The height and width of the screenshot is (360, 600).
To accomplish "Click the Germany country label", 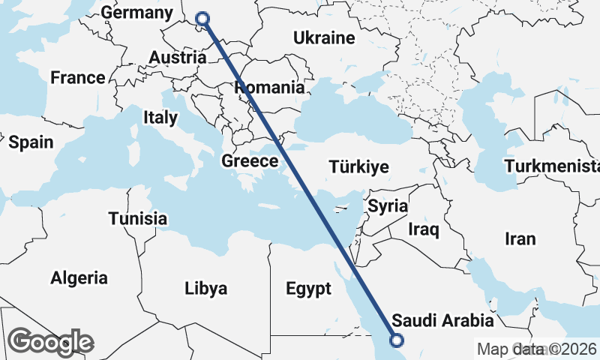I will tap(136, 13).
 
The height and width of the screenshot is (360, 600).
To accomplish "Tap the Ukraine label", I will tap(323, 38).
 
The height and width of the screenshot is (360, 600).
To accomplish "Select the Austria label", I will tap(178, 58).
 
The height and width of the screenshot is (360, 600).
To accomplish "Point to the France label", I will tap(78, 78).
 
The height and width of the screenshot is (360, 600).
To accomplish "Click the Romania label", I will tap(270, 88).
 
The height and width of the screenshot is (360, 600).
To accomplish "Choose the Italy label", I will tap(160, 118).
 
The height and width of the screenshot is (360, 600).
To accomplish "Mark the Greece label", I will tap(250, 161).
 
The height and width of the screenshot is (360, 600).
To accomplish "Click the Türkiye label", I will tap(358, 167).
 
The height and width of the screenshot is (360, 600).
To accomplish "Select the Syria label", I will tap(388, 205).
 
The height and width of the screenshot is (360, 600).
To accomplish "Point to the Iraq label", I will tap(423, 229).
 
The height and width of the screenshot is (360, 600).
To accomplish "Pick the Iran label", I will tap(520, 239).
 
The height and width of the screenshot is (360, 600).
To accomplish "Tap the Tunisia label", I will tap(137, 219).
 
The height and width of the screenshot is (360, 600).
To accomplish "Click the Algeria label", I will tap(79, 278).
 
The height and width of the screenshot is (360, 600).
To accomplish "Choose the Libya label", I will tap(205, 289).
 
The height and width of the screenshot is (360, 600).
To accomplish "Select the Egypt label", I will tap(308, 289).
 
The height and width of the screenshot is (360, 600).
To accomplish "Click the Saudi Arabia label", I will tap(443, 321).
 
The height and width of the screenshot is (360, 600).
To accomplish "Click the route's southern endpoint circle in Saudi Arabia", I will tap(396, 340).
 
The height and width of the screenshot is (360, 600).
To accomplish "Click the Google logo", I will tap(51, 342).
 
